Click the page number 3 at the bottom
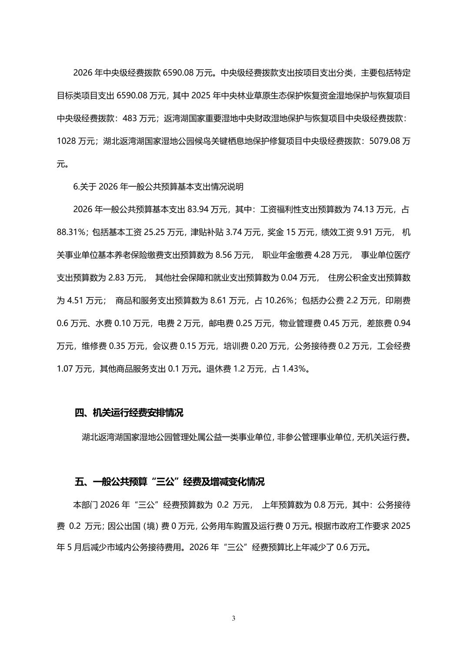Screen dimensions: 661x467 coord(233,618)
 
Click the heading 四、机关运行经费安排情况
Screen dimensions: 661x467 coord(129,413)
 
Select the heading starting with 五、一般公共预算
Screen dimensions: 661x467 coord(170,482)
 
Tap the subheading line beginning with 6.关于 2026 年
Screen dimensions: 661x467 coord(159,187)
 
